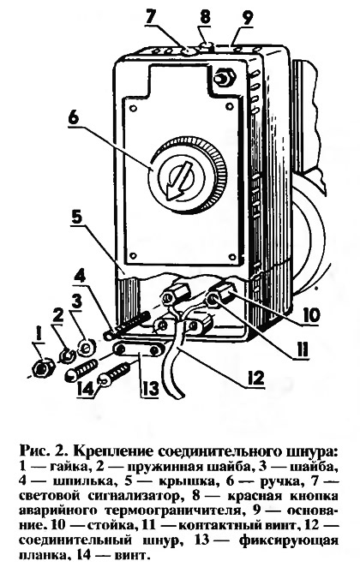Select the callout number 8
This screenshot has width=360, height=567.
pos(205,15)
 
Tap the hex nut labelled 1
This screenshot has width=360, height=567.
pos(43,368)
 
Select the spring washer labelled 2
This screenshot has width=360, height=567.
pos(66,355)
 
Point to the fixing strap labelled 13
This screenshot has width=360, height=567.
pos(137,349)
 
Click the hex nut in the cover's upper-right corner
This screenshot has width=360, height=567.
pos(224,77)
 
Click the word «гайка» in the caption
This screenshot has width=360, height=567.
pos(68,466)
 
